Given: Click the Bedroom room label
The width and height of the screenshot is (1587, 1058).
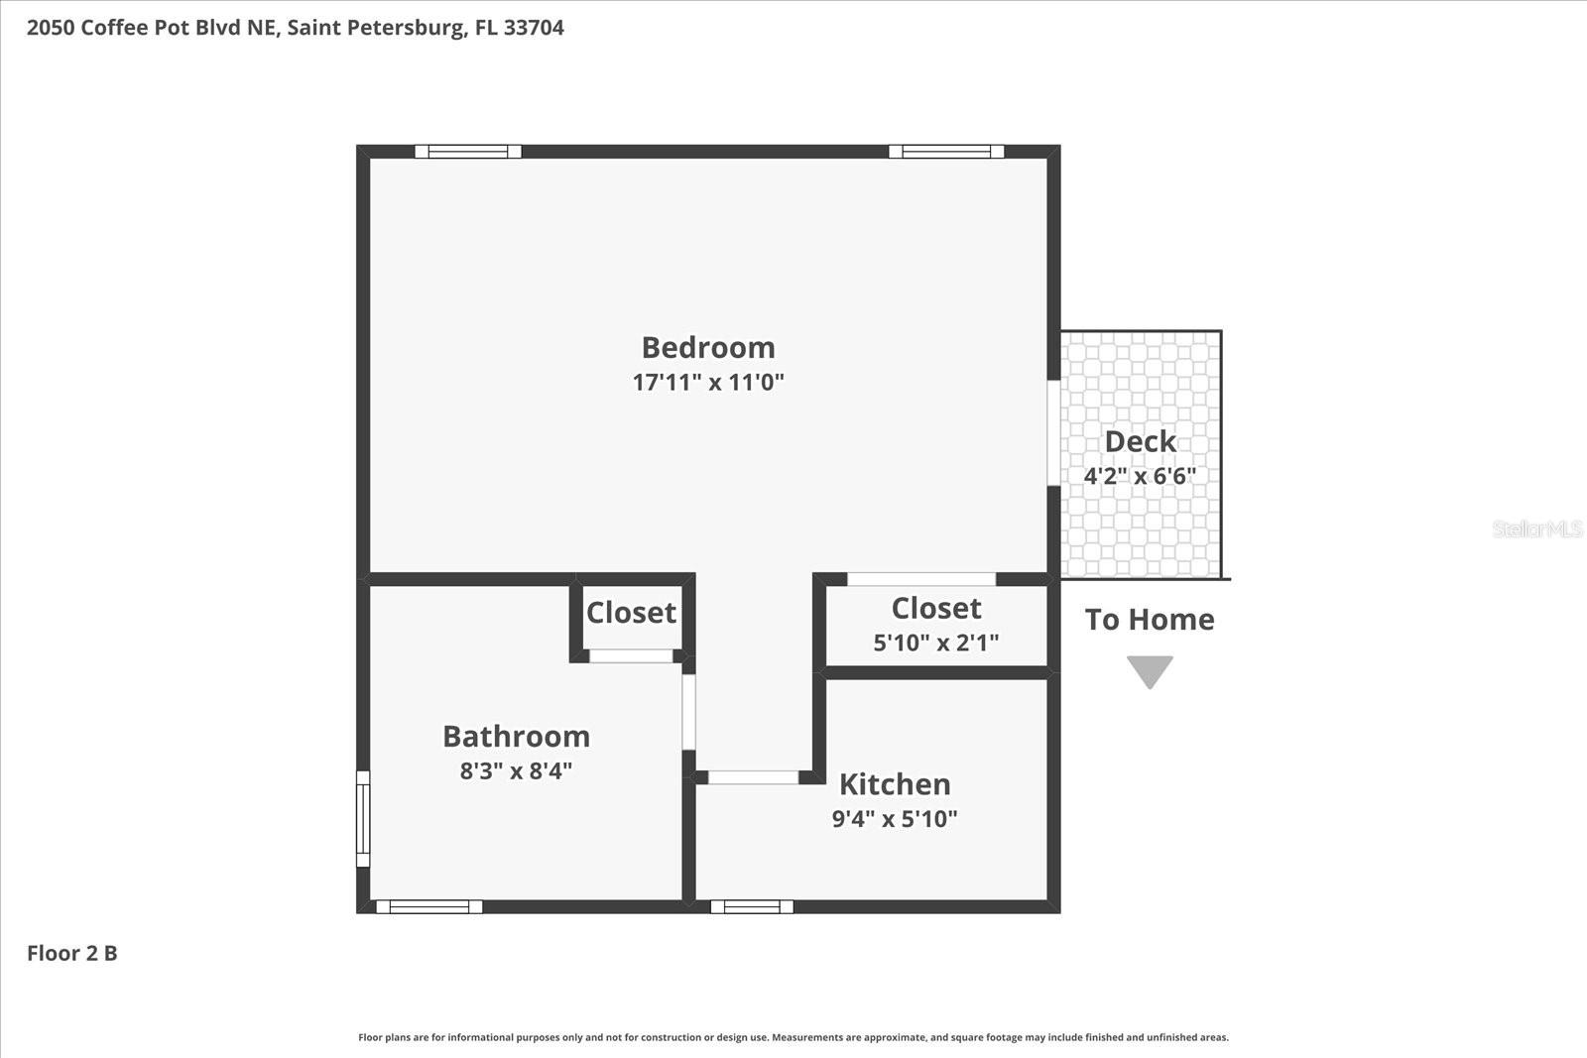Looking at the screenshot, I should point(708,348).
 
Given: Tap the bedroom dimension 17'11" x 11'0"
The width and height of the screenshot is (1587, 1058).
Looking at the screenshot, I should point(708,382).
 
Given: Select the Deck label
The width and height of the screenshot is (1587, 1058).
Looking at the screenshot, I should point(1141,441).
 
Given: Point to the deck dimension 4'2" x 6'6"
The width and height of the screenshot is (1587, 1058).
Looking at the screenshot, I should point(1140,476).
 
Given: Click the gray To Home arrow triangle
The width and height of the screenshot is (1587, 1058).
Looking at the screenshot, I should point(1150,670).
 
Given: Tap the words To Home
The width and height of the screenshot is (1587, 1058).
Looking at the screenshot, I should point(1150,620).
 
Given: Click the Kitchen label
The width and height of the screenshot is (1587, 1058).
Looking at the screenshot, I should point(895,784).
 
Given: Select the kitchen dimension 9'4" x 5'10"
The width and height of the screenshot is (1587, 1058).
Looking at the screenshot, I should point(895,819).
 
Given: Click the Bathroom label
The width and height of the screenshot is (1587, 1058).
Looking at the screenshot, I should point(516,737).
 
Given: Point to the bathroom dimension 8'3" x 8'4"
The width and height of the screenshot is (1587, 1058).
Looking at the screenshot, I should point(516,771).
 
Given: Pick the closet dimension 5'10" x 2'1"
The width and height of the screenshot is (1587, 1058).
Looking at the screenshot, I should point(935,643).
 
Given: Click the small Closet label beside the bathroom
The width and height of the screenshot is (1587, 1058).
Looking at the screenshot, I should point(631,613).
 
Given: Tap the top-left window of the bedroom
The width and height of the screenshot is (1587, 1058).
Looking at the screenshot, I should point(468,152).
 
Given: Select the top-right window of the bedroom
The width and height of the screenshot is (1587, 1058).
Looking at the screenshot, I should point(946,152).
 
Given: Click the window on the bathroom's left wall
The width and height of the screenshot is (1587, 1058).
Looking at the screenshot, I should point(363,819).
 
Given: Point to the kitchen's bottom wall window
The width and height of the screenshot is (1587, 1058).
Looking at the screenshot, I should point(752,906).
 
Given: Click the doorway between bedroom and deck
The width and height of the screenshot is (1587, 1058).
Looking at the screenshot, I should point(1053,432).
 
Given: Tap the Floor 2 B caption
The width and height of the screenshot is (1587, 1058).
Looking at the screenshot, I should point(72,953).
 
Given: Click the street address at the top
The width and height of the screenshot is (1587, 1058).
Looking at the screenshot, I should point(296,28).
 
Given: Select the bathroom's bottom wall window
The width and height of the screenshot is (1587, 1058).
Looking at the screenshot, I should point(429,906).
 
